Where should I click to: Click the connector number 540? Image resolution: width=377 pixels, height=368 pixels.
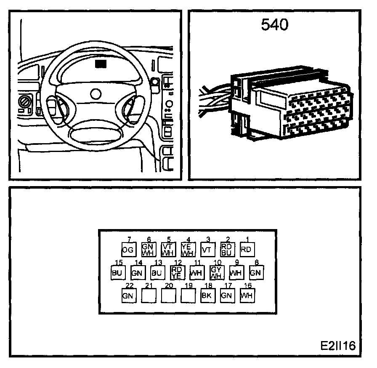[275, 25]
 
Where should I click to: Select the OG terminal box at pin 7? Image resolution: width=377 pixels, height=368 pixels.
[128, 250]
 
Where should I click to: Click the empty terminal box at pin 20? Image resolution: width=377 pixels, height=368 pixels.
[168, 296]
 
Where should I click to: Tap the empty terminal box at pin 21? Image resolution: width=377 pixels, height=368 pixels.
[148, 296]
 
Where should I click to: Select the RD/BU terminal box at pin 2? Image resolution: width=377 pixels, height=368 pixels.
[227, 250]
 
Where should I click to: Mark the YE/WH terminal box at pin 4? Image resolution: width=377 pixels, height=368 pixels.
[188, 250]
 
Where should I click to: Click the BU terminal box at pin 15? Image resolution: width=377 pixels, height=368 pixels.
[117, 273]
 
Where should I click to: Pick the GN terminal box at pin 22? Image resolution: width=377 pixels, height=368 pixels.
[128, 296]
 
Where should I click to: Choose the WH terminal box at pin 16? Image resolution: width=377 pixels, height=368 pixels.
[247, 296]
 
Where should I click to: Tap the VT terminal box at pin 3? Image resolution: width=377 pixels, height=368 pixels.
[207, 250]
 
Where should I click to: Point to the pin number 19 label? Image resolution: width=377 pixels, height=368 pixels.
[188, 285]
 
